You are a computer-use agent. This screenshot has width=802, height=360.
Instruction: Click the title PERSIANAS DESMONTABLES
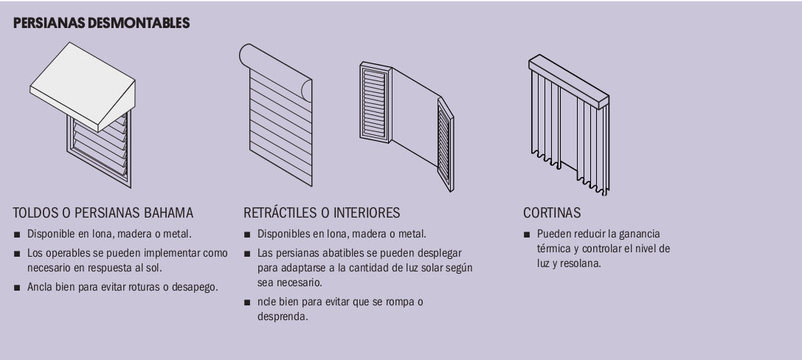[x=101, y=23]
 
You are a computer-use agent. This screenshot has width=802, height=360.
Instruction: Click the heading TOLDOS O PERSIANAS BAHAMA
[x=103, y=212]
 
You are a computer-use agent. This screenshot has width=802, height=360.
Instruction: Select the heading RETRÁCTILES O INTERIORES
[x=322, y=212]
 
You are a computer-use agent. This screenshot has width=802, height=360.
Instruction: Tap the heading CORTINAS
[x=552, y=212]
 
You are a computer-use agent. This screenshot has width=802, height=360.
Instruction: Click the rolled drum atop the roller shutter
[x=275, y=72]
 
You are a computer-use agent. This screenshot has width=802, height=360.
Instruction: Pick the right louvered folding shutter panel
[x=446, y=145]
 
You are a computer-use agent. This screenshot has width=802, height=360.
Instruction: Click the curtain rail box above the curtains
[x=569, y=82]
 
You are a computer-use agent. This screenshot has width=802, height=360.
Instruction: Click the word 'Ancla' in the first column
[x=40, y=287]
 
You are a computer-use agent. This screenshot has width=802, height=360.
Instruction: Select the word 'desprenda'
[x=283, y=316]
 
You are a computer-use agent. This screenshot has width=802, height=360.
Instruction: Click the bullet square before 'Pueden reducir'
[x=527, y=235]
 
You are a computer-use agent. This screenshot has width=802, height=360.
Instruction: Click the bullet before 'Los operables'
[x=17, y=254]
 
